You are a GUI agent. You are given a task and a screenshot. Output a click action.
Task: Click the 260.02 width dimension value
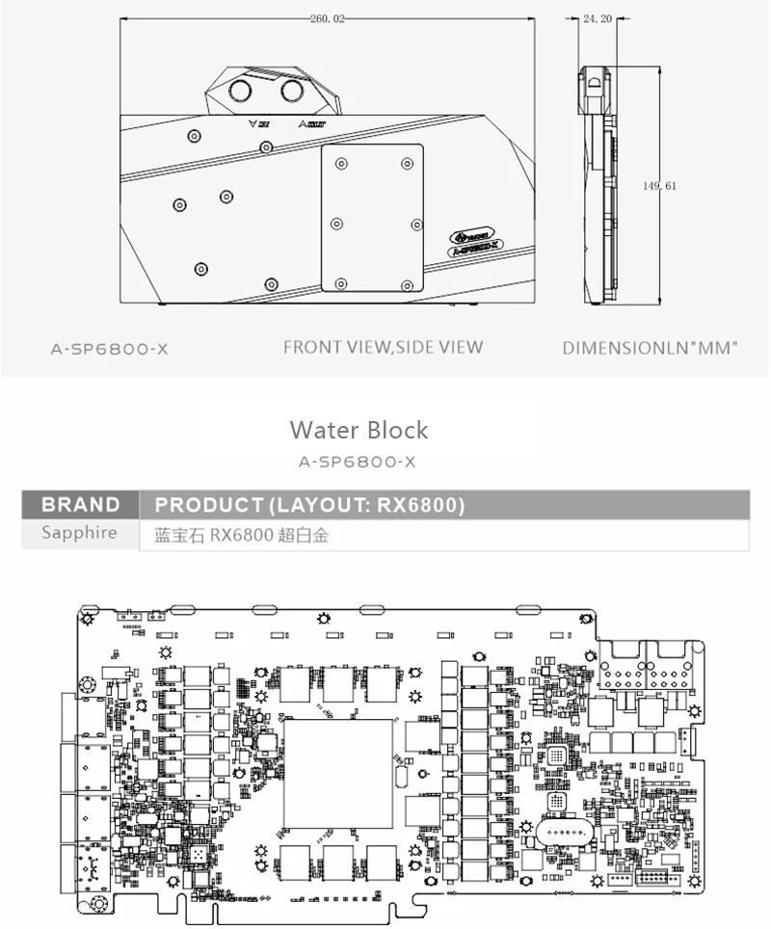pos(328,16)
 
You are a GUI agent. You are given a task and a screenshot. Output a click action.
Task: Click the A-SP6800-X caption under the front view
pos(109,348)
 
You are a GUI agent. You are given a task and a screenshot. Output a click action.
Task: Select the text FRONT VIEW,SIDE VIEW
pos(383,347)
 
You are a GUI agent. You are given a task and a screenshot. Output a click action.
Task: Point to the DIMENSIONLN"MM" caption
pos(649,348)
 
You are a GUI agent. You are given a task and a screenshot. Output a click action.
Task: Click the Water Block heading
pos(359,430)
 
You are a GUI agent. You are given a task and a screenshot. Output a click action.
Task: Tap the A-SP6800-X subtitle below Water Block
pos(358,462)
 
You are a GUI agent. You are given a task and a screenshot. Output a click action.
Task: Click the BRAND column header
pos(81,505)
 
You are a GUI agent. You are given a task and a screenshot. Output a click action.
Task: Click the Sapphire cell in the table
pos(79,534)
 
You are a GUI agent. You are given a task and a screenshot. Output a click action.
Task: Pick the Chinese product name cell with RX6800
pos(242,535)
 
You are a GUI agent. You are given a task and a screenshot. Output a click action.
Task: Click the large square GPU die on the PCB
pos(338,774)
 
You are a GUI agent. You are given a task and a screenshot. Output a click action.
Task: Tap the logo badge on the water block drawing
pos(473,240)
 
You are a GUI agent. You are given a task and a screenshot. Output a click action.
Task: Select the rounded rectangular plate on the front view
pos(371,220)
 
